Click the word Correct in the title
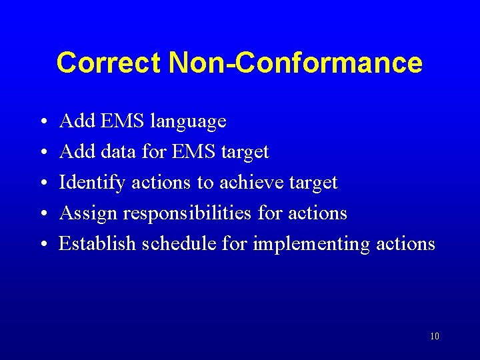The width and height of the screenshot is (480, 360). click(109, 63)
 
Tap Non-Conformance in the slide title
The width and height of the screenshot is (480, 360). click(295, 63)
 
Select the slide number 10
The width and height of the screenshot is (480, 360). click(434, 336)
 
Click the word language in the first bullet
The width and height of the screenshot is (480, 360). click(189, 122)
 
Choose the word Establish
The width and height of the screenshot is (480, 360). click(97, 244)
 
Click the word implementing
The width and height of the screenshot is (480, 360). click(311, 245)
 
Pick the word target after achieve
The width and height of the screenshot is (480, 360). click(313, 183)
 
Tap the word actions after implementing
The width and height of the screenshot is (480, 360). click(405, 244)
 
